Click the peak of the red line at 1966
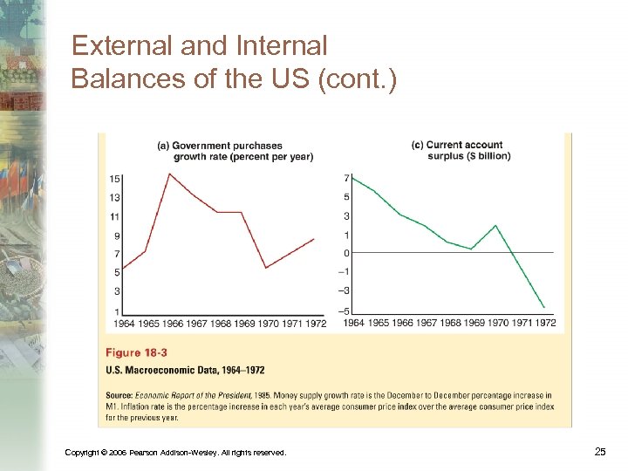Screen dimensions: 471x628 [169, 174]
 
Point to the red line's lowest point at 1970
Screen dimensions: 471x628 [265, 267]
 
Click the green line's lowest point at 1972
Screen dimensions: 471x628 [544, 307]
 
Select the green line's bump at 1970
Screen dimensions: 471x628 [495, 225]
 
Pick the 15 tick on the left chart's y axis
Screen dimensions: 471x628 [115, 180]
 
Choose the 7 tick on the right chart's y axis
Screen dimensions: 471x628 [346, 179]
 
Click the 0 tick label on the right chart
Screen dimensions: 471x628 [346, 253]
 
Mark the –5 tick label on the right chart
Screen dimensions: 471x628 [345, 311]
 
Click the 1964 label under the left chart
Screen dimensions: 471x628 [124, 324]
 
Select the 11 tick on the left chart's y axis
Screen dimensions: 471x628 [115, 216]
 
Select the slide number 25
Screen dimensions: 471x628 [599, 451]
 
